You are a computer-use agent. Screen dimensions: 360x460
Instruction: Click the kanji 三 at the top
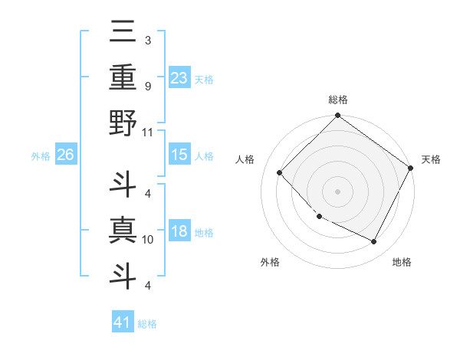[x=123, y=33]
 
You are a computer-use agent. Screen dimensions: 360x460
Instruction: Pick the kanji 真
[x=123, y=231]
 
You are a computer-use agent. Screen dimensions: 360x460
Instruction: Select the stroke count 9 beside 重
[x=147, y=86]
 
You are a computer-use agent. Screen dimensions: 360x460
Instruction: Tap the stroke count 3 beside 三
[x=147, y=40]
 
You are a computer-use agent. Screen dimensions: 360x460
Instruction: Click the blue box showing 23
[x=179, y=77]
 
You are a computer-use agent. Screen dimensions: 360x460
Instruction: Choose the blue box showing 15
[x=179, y=155]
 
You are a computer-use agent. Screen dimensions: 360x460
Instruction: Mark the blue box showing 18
[x=179, y=231]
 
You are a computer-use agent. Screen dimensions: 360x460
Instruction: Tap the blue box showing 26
[x=65, y=155]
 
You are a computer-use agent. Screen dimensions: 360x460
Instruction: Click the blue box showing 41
[x=123, y=322]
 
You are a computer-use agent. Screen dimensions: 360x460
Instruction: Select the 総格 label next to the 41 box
[x=147, y=324]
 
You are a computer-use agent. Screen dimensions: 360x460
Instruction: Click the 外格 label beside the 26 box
[x=41, y=156]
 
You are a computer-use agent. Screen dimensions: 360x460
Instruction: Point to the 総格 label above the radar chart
[x=337, y=100]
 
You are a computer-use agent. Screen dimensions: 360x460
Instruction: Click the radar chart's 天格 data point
[x=411, y=168]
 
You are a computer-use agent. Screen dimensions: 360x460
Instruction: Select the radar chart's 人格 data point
[x=280, y=173]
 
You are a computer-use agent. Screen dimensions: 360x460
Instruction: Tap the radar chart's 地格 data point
[x=373, y=242]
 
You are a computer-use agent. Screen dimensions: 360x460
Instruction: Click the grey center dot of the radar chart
[x=337, y=191]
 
